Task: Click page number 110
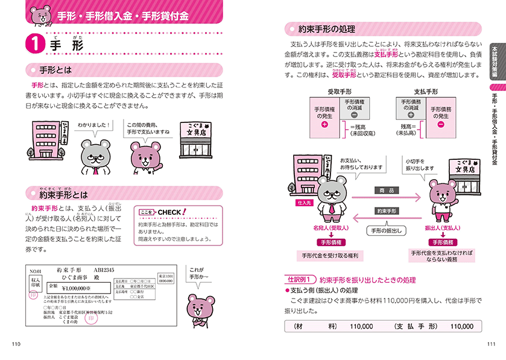tap(16, 344)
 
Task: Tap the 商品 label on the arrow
tap(387, 191)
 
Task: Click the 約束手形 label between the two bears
tap(387, 212)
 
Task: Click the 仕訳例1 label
tap(300, 280)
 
